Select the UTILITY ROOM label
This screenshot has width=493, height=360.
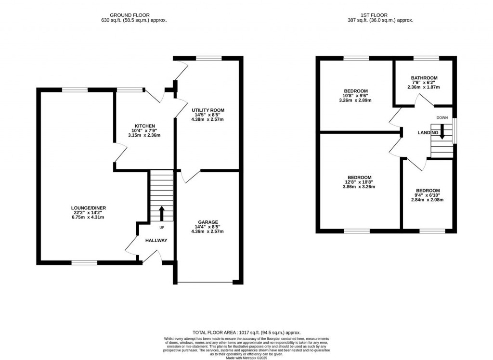pos(208,110)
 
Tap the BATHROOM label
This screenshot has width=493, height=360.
pos(424,78)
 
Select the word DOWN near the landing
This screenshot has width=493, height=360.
pos(442,118)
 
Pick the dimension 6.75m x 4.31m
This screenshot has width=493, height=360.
pos(87,217)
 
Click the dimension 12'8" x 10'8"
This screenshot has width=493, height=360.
pos(358,182)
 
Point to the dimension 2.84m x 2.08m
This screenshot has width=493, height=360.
pos(428,200)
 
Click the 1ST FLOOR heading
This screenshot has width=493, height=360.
pos(380,15)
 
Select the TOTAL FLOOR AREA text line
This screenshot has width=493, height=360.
pos(246,332)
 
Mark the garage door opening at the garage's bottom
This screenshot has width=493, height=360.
pos(205,282)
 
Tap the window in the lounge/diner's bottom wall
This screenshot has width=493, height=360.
pos(84,262)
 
